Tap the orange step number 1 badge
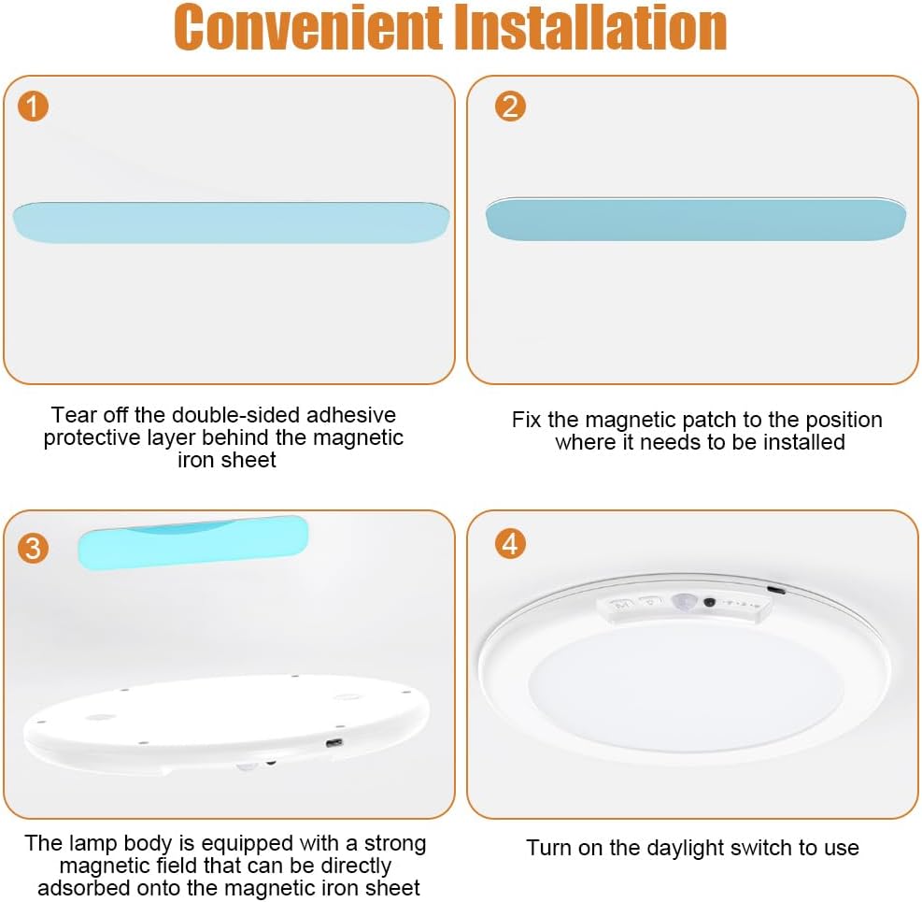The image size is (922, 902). click(x=33, y=107)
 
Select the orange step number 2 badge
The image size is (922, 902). click(x=510, y=106)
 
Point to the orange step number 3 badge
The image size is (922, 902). click(x=33, y=548)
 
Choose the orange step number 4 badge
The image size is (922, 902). click(x=510, y=543)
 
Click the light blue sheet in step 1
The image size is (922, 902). click(x=231, y=222)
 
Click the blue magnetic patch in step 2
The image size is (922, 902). click(x=695, y=220)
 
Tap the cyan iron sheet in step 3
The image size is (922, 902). click(x=192, y=541)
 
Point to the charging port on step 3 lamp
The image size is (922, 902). click(x=333, y=743)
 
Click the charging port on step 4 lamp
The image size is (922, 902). click(x=775, y=590)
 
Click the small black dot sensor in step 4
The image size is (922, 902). click(x=710, y=604)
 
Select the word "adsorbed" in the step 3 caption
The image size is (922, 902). click(x=80, y=888)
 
